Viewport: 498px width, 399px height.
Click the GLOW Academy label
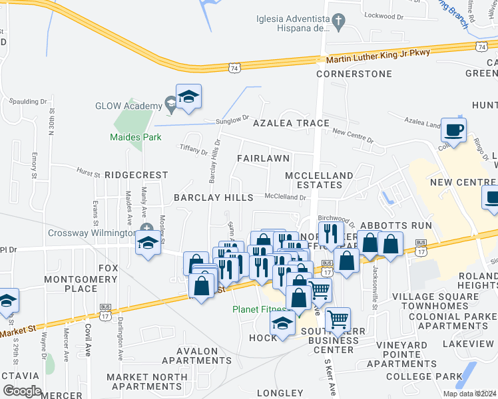[x=128, y=106]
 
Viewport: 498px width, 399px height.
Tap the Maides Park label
[x=126, y=138]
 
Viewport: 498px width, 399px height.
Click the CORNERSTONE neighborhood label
[x=354, y=74]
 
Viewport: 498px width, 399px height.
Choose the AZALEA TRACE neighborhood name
[x=290, y=123]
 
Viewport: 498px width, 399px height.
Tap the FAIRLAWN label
[x=264, y=158]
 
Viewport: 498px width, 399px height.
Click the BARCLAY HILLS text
[x=213, y=198]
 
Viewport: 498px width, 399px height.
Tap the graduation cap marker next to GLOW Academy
[x=188, y=96]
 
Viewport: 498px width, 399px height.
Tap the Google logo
[x=22, y=391]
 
